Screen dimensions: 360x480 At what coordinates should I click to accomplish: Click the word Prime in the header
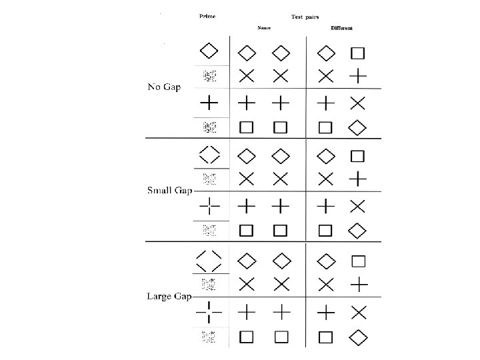[207, 17]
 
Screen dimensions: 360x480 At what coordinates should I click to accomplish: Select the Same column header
[265, 28]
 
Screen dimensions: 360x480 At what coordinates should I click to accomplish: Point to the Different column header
[341, 28]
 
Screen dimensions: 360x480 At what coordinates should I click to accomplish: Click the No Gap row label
[164, 87]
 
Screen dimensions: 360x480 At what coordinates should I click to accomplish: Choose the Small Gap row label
[169, 191]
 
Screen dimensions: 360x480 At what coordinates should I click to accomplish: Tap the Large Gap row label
[169, 296]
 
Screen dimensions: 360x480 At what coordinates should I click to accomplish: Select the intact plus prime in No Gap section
[209, 103]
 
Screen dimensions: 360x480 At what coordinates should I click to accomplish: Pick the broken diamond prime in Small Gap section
[209, 155]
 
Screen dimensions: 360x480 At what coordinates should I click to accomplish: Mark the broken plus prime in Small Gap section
[209, 206]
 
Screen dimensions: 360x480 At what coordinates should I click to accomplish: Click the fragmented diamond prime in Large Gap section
[209, 259]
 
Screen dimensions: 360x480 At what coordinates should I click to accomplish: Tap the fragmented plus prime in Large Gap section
[209, 311]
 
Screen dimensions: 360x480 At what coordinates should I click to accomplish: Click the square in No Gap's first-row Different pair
[357, 52]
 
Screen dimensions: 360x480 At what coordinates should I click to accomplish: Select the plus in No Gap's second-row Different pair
[358, 76]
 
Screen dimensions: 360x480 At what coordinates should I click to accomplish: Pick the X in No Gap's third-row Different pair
[358, 103]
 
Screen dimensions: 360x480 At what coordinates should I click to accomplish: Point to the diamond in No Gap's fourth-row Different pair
[358, 126]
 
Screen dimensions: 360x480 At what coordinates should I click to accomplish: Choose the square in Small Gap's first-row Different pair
[357, 157]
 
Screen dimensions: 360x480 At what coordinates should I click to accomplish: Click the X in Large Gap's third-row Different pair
[359, 311]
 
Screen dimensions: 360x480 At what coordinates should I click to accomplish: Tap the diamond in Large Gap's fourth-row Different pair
[358, 337]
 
